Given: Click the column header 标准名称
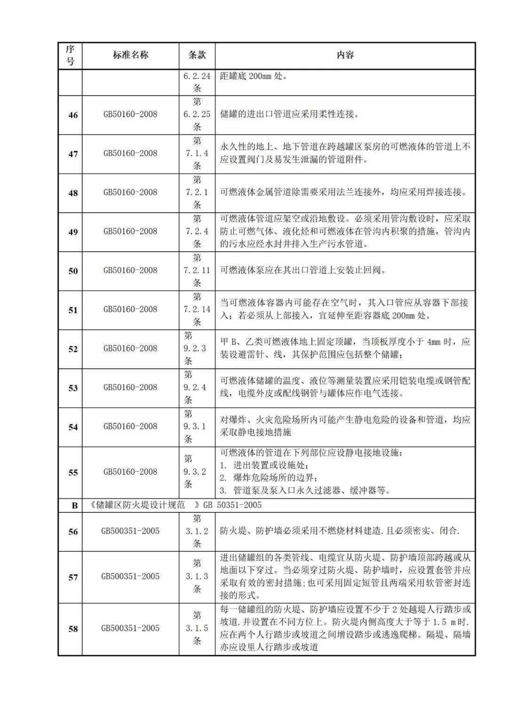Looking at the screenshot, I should coord(130,55).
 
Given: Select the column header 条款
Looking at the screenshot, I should coord(197,55).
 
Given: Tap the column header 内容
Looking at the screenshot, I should coord(345,55).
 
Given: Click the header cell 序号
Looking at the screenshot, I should coord(70,56).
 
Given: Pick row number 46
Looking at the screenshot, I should coord(73,115).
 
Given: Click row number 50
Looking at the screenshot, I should coord(73,271).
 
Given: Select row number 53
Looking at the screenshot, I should coord(73,388).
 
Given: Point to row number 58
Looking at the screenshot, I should coord(73,629).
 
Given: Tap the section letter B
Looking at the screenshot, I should coord(74,506).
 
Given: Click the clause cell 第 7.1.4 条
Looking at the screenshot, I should coord(197,153).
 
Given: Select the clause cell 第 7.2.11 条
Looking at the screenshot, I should coord(197,271).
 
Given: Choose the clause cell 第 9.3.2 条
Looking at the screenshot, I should coord(197,471).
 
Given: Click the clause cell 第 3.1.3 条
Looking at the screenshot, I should coord(197,576).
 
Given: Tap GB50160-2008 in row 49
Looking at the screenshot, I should coord(130,231).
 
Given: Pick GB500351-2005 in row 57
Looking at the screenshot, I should coord(130,576).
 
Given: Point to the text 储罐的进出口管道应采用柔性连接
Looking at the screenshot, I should coord(289,114).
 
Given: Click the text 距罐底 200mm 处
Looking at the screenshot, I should coord(253,76).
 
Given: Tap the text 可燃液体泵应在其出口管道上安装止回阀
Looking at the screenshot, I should coord(303,271).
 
